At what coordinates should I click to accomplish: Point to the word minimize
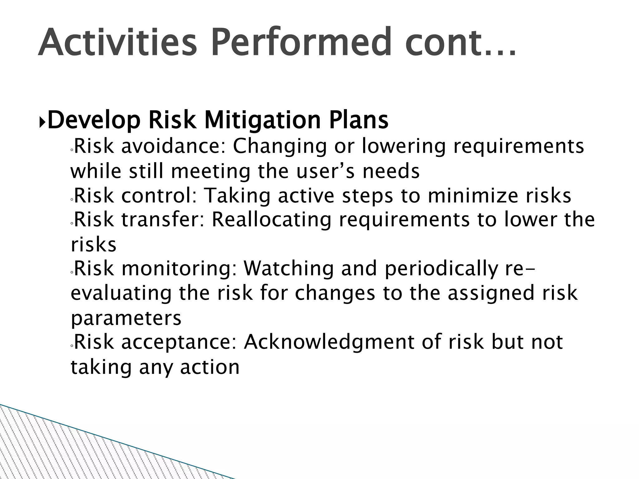tap(472, 196)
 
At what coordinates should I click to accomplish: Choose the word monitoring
tap(179, 269)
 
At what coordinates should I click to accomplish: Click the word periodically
tap(441, 269)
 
